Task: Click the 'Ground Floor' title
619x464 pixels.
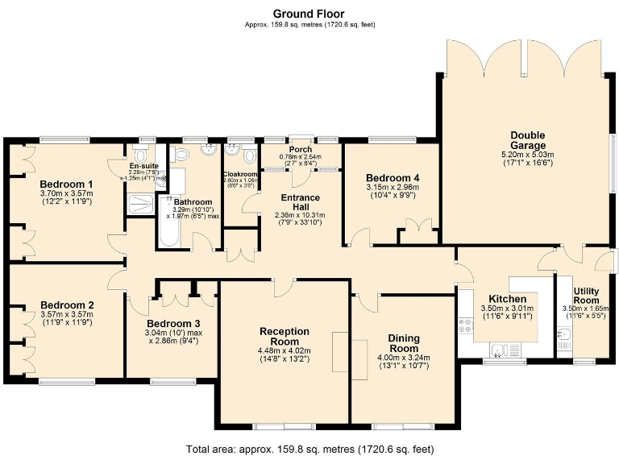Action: (309, 13)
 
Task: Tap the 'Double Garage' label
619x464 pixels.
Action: (527, 140)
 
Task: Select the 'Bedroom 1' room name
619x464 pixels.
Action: (67, 184)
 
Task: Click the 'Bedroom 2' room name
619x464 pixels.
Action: (67, 304)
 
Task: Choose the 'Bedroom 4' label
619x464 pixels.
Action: (393, 177)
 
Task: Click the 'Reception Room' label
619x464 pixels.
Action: (285, 337)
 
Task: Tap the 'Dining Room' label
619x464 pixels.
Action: (403, 343)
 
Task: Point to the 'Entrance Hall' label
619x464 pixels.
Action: (300, 202)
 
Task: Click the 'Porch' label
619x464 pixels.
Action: (301, 149)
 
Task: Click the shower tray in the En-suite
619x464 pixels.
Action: (139, 202)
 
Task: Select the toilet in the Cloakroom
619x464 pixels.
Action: (232, 153)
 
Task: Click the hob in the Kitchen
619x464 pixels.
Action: (465, 326)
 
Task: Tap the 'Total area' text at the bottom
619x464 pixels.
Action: (309, 448)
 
